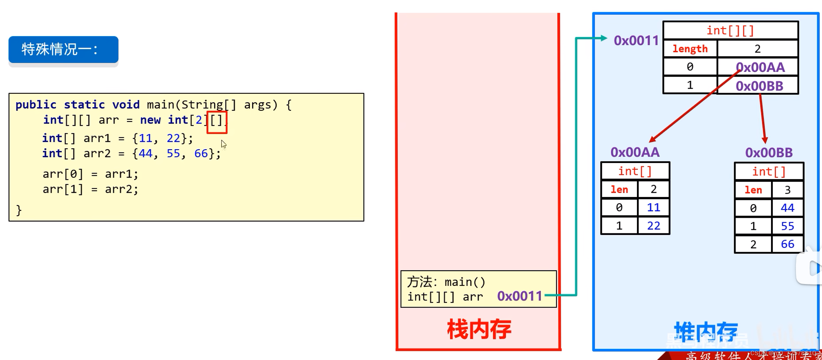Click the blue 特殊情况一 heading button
click(x=63, y=50)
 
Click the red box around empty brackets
click(x=217, y=122)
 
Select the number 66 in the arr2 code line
click(x=201, y=153)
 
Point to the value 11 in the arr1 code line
click(x=145, y=138)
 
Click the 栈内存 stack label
click(x=479, y=329)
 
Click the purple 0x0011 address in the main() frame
click(x=520, y=296)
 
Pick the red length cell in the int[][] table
click(x=690, y=49)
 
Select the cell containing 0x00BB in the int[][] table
click(x=759, y=86)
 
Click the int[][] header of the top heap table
click(x=730, y=31)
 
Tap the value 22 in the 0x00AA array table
click(x=653, y=226)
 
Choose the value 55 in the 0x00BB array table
click(x=787, y=226)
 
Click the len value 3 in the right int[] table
click(x=787, y=190)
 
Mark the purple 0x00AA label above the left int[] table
click(x=635, y=152)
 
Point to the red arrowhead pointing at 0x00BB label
click(x=765, y=140)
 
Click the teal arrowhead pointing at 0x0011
click(x=603, y=38)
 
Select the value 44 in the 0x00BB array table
click(x=787, y=208)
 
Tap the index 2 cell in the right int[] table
click(x=753, y=245)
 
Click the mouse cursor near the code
click(x=223, y=144)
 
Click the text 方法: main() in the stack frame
click(x=446, y=282)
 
